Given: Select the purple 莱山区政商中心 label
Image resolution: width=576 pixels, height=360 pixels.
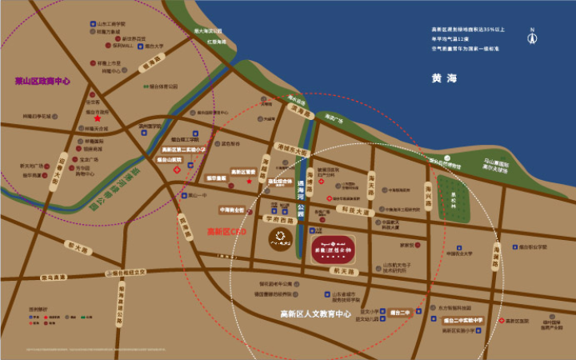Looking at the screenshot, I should coord(43,80).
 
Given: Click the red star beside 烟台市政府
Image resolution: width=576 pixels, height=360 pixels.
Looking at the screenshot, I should coord(120,118).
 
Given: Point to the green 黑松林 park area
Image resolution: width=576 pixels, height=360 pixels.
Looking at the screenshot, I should coord(458,193).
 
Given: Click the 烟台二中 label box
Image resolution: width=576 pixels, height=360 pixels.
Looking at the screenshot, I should coord(399,312).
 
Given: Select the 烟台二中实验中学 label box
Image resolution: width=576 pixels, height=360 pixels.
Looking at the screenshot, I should coord(464,320).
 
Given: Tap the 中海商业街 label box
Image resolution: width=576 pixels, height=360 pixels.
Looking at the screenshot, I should coord(232,209).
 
